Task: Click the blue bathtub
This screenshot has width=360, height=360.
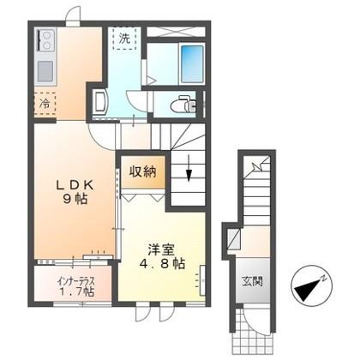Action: point(192,63)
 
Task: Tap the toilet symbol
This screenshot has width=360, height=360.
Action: point(183,105)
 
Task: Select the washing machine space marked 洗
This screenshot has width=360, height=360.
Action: point(123,39)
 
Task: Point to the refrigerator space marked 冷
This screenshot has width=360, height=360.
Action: point(45,104)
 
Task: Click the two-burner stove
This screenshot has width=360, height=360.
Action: point(45,41)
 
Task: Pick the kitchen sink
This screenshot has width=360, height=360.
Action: point(45,71)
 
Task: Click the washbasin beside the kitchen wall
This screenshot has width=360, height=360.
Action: point(100,102)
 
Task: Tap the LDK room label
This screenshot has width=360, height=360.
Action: point(75,186)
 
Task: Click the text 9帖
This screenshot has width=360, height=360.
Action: point(75,200)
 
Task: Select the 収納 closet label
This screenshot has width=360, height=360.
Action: point(143,172)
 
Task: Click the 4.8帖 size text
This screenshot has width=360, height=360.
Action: point(162,264)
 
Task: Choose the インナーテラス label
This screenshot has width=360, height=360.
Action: point(75,282)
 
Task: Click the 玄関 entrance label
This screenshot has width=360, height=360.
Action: point(252,281)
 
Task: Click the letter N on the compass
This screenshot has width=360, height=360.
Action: point(323,278)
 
